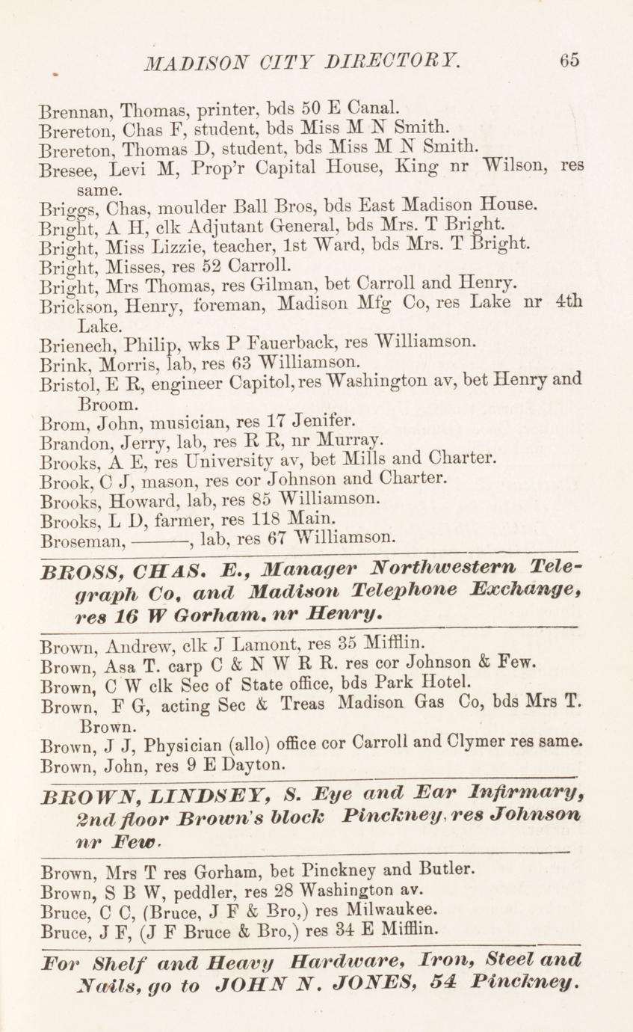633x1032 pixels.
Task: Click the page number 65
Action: pos(569,61)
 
